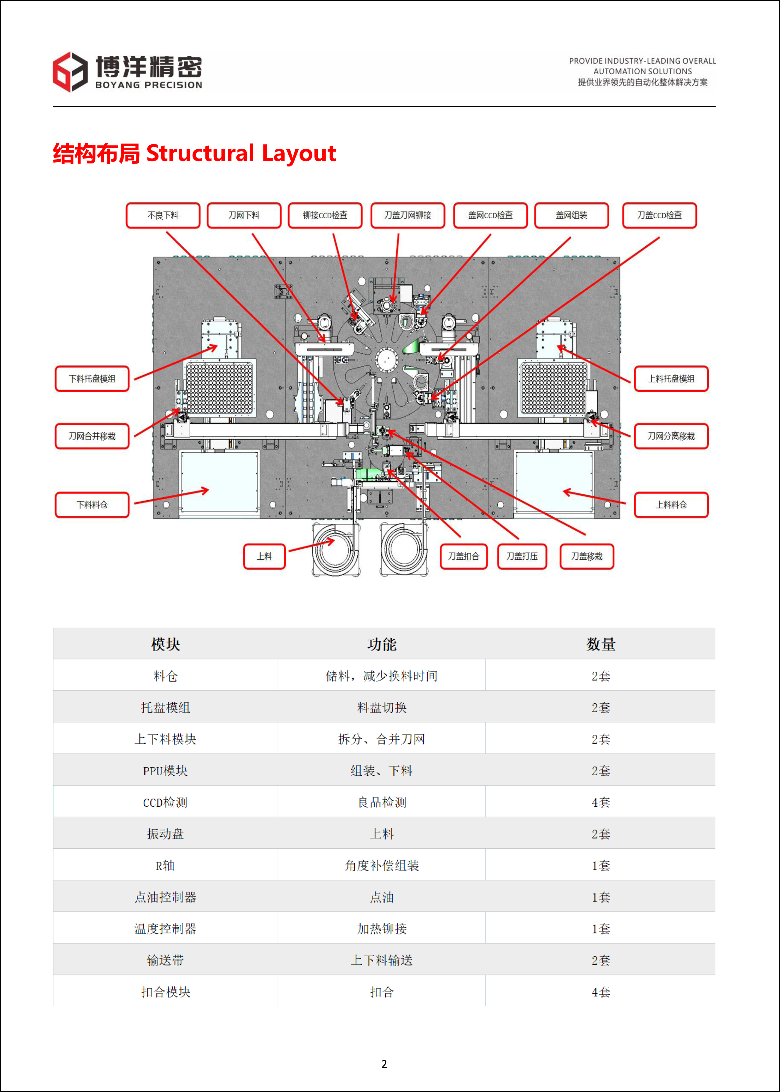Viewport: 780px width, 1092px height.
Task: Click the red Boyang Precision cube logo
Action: [x=70, y=72]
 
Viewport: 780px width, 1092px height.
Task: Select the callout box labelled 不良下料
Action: [x=163, y=216]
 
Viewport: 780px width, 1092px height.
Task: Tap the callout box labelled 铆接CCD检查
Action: [x=325, y=216]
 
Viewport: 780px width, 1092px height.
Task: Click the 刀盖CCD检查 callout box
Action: [x=659, y=216]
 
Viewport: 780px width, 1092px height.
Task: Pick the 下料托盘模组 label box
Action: [x=92, y=379]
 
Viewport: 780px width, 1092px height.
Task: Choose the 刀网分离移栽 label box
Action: [x=671, y=436]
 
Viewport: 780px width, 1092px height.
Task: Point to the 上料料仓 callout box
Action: [x=671, y=505]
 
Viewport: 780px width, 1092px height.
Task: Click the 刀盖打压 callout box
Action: [x=522, y=556]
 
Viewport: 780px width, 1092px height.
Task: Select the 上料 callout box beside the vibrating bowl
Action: [x=265, y=556]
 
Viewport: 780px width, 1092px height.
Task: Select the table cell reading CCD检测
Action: [x=165, y=802]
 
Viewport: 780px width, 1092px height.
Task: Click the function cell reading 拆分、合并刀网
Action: [x=382, y=739]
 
